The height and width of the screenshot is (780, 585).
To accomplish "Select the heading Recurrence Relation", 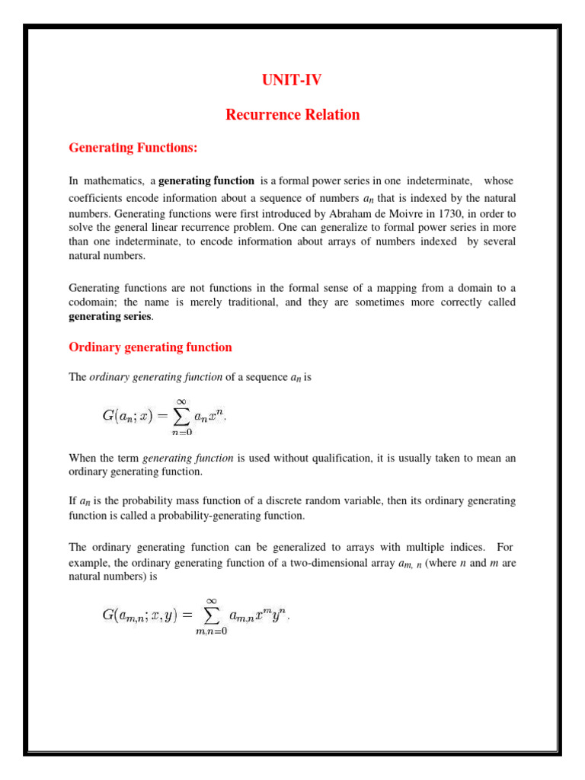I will pos(292,115).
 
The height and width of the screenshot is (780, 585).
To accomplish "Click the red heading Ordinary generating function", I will pos(150,347).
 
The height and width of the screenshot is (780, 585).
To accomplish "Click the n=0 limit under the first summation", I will pos(181,432).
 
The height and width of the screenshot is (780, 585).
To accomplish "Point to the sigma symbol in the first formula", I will pos(181,415).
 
